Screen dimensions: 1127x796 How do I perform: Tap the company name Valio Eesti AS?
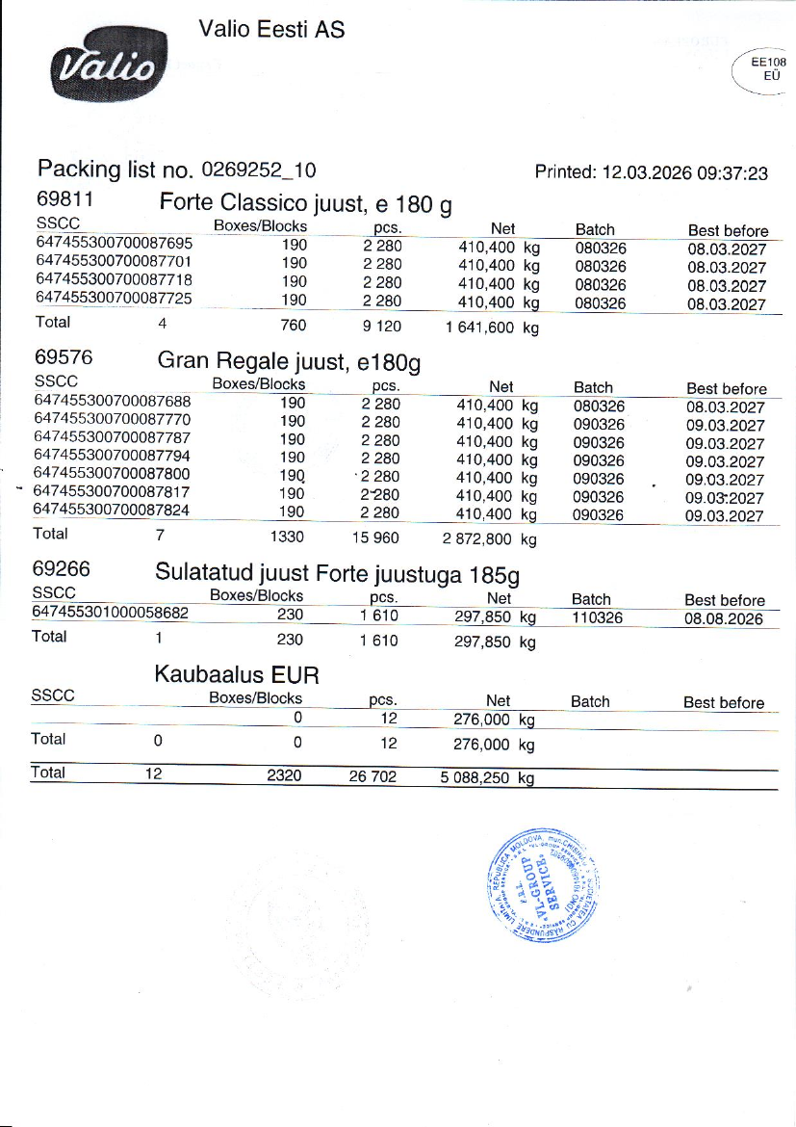[270, 30]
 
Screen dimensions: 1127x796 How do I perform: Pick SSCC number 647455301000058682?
[111, 612]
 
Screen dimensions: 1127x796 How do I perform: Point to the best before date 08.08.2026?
[724, 617]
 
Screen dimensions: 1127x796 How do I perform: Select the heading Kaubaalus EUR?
[237, 672]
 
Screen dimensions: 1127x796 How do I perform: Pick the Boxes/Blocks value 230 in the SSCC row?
[290, 615]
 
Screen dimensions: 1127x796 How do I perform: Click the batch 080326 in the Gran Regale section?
[599, 406]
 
